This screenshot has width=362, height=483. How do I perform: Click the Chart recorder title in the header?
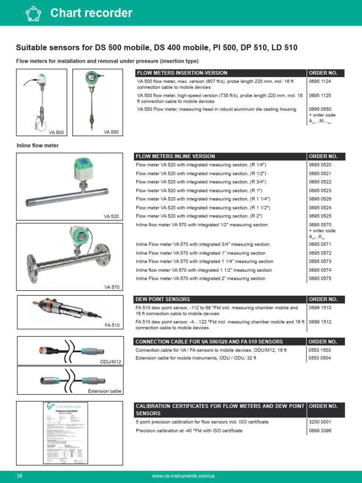(91, 13)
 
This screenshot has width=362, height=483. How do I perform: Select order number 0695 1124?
(320, 82)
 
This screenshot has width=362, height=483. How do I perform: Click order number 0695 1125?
(320, 96)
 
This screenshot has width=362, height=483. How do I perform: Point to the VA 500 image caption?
(56, 133)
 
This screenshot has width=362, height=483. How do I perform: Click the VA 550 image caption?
(111, 132)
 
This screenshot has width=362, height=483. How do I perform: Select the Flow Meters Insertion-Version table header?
(181, 73)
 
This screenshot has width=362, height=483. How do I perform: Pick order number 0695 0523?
(320, 191)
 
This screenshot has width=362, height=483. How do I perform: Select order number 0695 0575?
(320, 279)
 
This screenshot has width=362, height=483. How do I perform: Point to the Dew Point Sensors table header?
(163, 299)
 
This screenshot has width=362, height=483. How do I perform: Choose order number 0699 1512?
(320, 322)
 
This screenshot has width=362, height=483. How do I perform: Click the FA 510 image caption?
(113, 325)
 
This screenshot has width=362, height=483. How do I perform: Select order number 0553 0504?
(320, 358)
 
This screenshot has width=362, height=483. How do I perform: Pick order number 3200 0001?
(320, 422)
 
